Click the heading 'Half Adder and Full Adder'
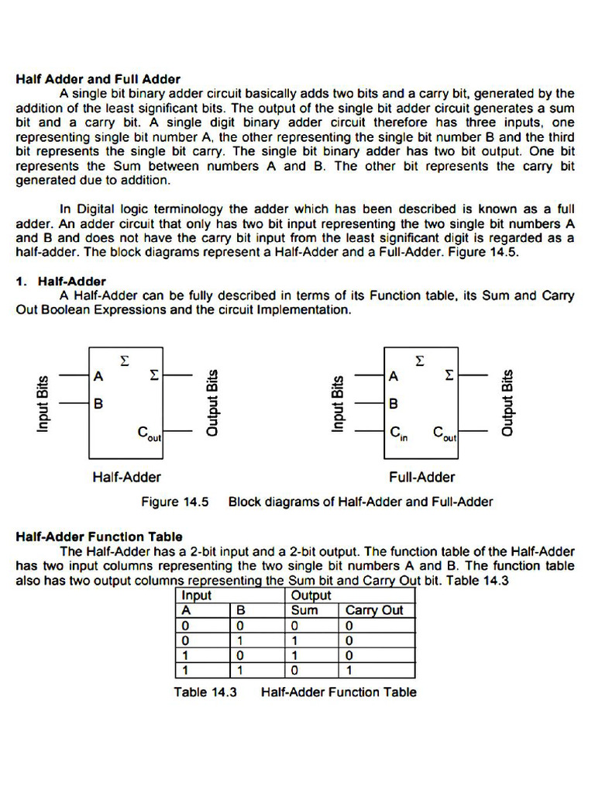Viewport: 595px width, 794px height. click(98, 79)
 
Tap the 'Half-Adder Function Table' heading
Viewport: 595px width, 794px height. click(99, 536)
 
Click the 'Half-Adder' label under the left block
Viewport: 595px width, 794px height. click(126, 477)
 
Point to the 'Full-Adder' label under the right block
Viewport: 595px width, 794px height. click(422, 477)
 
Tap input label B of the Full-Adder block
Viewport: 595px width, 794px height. click(394, 404)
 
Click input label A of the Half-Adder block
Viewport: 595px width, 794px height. click(98, 377)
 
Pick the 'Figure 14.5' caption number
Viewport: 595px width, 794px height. click(175, 502)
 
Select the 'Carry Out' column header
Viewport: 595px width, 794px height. click(374, 610)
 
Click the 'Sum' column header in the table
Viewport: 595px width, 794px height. click(304, 610)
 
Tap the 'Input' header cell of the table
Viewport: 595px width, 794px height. click(197, 595)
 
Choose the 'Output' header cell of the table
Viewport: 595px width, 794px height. click(311, 595)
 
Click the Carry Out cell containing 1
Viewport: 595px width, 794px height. click(349, 670)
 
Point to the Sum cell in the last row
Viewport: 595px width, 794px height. click(294, 670)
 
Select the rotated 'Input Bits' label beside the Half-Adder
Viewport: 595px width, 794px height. click(43, 402)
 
